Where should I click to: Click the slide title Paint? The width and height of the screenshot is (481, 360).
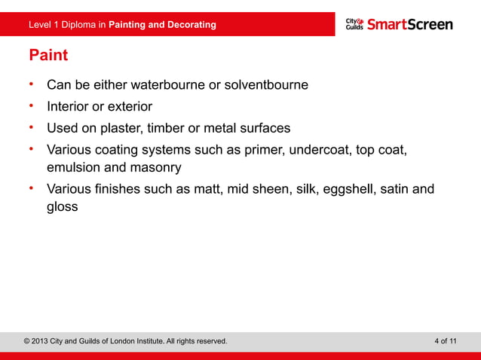[x=47, y=56]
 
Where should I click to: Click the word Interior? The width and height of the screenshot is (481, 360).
[x=69, y=106]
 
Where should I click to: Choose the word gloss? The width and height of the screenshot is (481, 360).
[x=63, y=206]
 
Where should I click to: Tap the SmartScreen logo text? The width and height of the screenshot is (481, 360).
[x=410, y=24]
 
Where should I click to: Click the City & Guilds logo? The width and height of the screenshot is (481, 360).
[x=354, y=24]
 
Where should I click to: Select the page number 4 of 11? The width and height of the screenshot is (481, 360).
[x=446, y=341]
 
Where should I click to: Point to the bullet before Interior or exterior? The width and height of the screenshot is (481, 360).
[x=32, y=105]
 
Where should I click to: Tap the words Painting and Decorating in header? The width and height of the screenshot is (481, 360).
[x=162, y=25]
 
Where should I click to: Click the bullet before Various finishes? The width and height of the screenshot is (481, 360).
[x=32, y=187]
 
